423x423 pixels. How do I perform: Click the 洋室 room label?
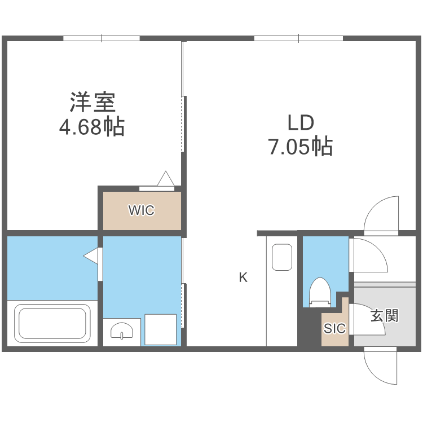click(92, 103)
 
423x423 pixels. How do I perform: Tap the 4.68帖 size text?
click(92, 127)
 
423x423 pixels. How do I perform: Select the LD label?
click(300, 122)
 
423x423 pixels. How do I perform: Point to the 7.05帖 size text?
click(300, 147)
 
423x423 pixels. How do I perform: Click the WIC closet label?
click(141, 211)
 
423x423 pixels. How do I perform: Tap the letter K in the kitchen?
click(243, 277)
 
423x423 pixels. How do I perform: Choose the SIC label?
click(334, 329)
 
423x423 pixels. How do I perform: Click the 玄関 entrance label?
click(384, 315)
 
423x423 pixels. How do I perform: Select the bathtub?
click(53, 323)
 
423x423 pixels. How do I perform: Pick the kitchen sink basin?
click(282, 257)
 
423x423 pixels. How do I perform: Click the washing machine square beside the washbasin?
click(160, 329)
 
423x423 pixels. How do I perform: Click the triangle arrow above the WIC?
click(166, 179)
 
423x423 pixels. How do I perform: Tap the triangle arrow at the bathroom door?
click(91, 256)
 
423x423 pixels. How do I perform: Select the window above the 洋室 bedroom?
click(102, 38)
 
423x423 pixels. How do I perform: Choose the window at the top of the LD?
click(298, 38)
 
